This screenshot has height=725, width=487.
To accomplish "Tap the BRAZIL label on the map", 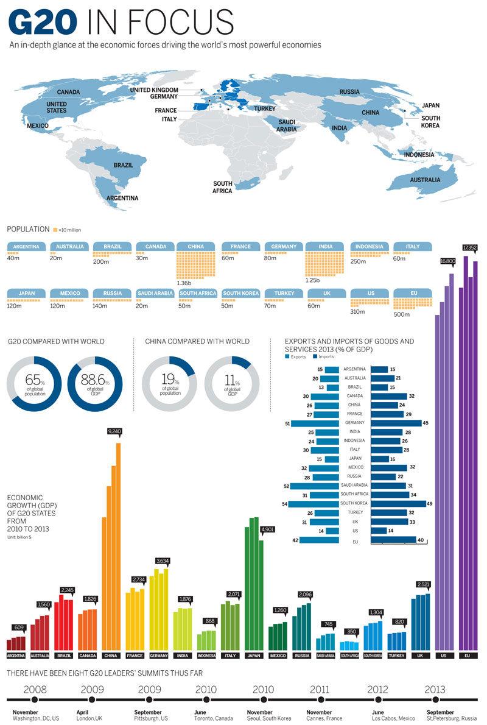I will pyautogui.click(x=123, y=165).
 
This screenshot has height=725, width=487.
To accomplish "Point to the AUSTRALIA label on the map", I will pyautogui.click(x=425, y=180).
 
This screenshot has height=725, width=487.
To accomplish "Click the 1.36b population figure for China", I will pyautogui.click(x=184, y=283).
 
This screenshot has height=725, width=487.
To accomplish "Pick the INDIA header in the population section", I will pyautogui.click(x=326, y=247).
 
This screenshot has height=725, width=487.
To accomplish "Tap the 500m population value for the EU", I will pyautogui.click(x=402, y=314).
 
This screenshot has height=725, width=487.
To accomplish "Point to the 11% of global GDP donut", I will pyautogui.click(x=232, y=383).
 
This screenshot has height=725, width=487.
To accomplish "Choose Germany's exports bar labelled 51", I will pyautogui.click(x=315, y=423).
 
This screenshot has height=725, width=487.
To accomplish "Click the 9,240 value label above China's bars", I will pyautogui.click(x=115, y=431).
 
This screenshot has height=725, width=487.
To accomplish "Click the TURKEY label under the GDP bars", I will pyautogui.click(x=396, y=656).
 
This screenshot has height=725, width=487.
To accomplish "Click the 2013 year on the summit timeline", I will pyautogui.click(x=435, y=690).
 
